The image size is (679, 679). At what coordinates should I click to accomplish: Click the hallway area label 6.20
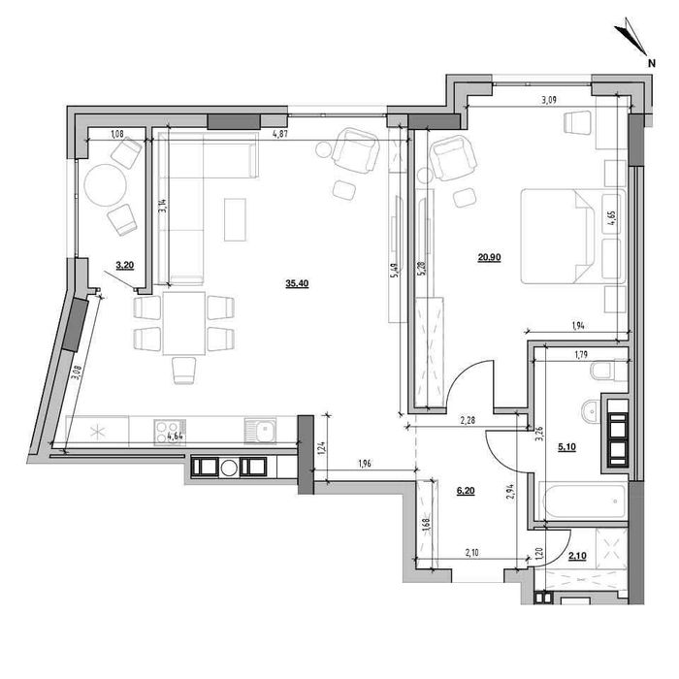[465, 493]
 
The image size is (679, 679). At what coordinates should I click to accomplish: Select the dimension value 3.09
[549, 98]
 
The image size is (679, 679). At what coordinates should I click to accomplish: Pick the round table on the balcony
[102, 183]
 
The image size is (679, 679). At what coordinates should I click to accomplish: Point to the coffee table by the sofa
[235, 219]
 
